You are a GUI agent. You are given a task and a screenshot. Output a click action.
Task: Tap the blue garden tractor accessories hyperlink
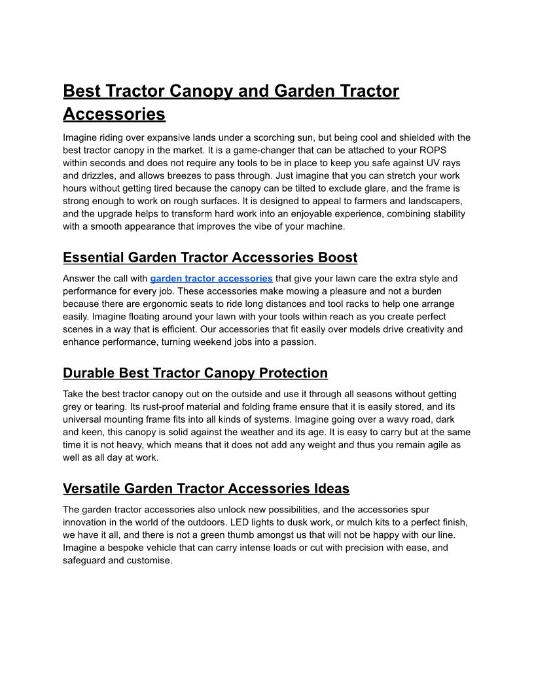point(211,278)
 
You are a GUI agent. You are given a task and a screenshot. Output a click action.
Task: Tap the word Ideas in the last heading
point(331,489)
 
